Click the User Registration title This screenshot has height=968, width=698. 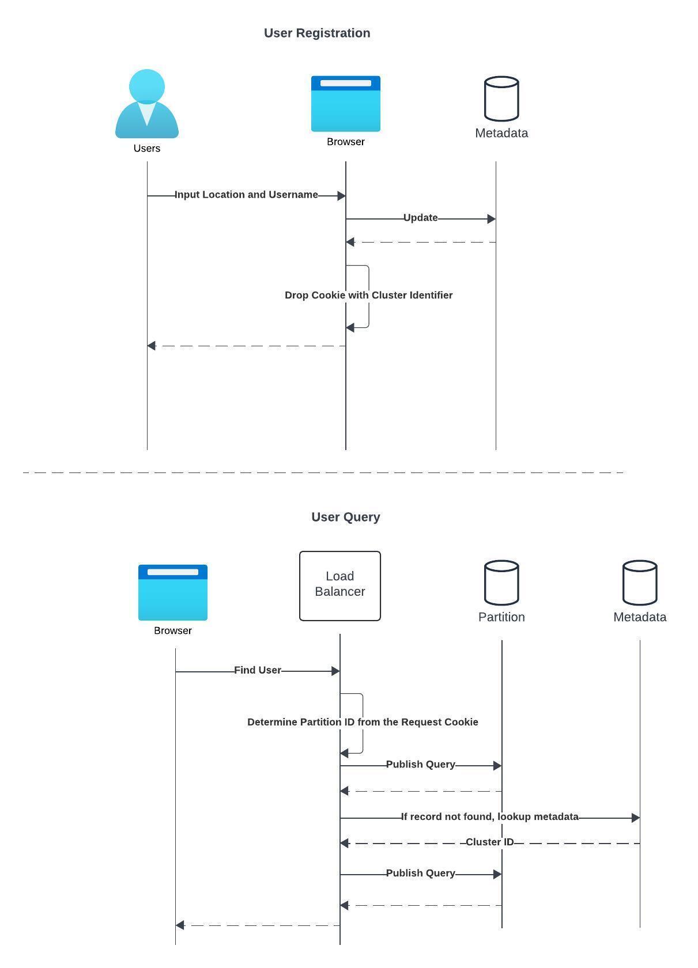317,33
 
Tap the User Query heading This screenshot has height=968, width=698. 345,517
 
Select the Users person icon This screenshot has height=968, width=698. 147,104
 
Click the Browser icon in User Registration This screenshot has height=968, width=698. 345,104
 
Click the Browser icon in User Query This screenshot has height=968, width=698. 172,592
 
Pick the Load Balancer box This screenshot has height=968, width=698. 339,585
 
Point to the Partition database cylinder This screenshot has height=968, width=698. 501,582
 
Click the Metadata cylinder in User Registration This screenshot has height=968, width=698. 501,98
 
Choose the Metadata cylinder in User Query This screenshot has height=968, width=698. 640,582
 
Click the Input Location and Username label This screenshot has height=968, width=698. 246,195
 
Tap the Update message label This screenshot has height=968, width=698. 420,218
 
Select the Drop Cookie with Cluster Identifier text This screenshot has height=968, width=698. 368,295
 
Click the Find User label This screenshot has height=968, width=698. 257,670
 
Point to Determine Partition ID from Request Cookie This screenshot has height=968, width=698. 363,722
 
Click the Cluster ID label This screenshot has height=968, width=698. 489,842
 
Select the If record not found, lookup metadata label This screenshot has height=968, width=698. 489,816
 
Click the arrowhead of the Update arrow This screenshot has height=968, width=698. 492,219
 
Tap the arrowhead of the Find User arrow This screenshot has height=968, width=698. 335,671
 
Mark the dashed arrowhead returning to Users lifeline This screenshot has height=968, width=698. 152,346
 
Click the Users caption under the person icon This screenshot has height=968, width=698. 147,148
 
